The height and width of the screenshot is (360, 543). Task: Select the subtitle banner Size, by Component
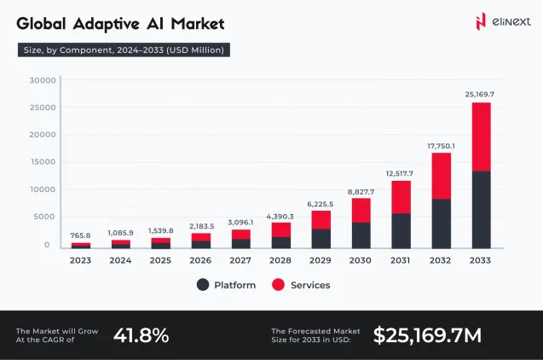(123, 50)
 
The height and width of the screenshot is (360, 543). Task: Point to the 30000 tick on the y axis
(43, 80)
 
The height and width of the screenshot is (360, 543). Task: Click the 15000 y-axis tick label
(43, 162)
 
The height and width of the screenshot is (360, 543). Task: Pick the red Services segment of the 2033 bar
(481, 136)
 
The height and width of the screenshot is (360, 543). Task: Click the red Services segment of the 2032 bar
(441, 176)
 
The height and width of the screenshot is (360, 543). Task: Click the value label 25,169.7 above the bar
(480, 93)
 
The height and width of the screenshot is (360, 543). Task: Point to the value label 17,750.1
(441, 145)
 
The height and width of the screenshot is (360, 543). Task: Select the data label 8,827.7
(361, 192)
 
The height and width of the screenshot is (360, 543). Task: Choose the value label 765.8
(81, 235)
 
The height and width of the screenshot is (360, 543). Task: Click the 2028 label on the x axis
(280, 259)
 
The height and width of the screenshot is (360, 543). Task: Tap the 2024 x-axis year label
(120, 259)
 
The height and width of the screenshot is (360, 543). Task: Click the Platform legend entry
(226, 285)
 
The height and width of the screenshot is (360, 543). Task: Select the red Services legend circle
(278, 285)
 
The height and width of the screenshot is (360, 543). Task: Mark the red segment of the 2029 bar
(321, 219)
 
